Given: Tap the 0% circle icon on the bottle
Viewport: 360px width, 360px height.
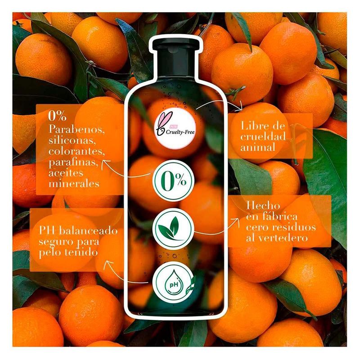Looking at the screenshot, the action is coord(173,181).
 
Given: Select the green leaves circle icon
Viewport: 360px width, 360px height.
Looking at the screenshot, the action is coord(173,228).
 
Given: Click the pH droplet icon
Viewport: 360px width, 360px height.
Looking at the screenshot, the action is coord(173,282).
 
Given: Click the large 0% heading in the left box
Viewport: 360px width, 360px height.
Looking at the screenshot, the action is coord(58,116).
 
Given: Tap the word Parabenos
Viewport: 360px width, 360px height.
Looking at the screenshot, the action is coord(76,130).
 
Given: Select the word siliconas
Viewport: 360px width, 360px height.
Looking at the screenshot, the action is coord(72,140).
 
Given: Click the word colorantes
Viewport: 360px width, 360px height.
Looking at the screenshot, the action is coord(76,151).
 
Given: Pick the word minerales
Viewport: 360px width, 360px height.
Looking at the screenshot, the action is coord(74,184).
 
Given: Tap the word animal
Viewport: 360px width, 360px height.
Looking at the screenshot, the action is coord(257,147).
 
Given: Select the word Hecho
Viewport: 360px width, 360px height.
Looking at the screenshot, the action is coord(263,206).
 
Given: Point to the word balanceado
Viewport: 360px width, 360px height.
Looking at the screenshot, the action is coord(88,230).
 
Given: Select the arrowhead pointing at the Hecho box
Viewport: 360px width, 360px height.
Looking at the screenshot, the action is coord(235,220).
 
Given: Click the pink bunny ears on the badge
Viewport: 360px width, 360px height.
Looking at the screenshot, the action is coord(164,120).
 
